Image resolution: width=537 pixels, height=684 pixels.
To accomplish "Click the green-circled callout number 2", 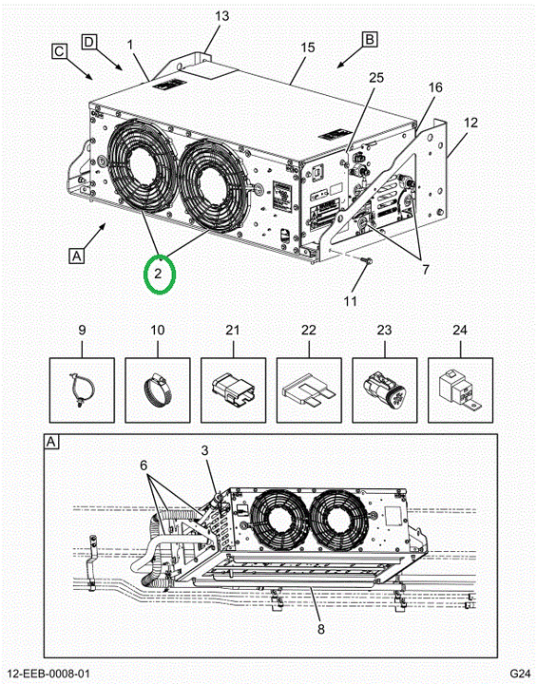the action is tap(158, 274).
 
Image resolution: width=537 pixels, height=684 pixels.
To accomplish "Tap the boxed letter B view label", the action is tap(370, 40).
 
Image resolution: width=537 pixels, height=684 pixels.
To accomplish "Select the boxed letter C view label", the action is tap(59, 51).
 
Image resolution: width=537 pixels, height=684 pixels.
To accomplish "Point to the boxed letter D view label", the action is tap(88, 42).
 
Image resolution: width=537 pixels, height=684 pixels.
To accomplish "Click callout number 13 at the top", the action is tap(221, 16).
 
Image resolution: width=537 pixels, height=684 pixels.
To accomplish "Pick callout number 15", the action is tap(308, 47).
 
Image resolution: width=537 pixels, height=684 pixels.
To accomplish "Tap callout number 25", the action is tap(376, 77).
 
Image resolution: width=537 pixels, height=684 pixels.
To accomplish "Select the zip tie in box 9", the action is tap(82, 390).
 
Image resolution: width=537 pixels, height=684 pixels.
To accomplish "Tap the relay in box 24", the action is tap(460, 390).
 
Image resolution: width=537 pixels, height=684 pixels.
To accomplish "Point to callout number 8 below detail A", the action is tap(321, 629).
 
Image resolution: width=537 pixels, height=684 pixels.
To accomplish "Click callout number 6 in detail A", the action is tap(144, 465).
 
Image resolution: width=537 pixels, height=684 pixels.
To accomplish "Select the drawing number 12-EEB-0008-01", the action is tap(48, 674).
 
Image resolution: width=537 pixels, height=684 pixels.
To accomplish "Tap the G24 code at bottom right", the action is tap(521, 674).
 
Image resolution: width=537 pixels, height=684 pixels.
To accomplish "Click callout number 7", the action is tap(426, 269).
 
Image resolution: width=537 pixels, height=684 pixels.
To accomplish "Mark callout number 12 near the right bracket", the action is tap(470, 123).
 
